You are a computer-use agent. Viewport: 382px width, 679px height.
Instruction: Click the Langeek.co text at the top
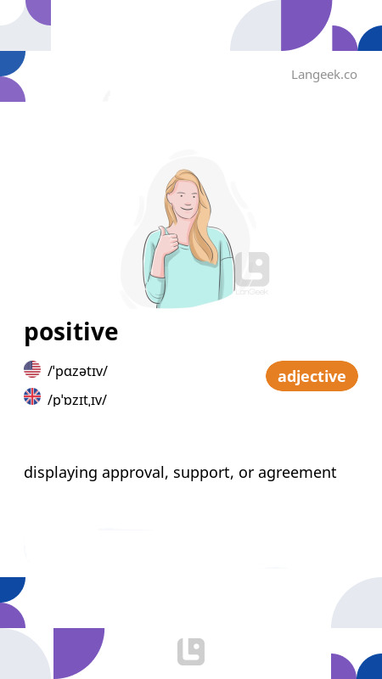coord(323,75)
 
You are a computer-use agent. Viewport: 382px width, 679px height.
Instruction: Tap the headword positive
coord(70,332)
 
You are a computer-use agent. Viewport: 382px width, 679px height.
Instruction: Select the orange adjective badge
coord(312,376)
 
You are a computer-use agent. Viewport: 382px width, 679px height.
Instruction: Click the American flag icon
coord(32,369)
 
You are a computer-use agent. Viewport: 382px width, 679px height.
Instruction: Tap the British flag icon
coord(32,396)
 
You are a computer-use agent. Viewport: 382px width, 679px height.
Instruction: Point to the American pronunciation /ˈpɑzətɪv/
coord(77,370)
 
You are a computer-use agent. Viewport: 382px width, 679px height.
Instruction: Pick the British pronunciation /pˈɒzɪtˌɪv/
coord(77,399)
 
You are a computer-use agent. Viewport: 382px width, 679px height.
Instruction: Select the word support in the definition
coord(200,473)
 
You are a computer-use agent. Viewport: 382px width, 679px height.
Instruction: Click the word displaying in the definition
coord(60,473)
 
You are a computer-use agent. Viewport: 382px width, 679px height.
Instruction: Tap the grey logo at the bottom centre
coord(191,652)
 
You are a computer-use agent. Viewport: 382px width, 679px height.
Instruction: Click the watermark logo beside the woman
coord(253,270)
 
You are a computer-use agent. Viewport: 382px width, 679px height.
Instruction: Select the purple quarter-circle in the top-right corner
coord(306,24)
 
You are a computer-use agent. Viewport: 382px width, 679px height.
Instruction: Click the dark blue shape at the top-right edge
coord(371,39)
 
